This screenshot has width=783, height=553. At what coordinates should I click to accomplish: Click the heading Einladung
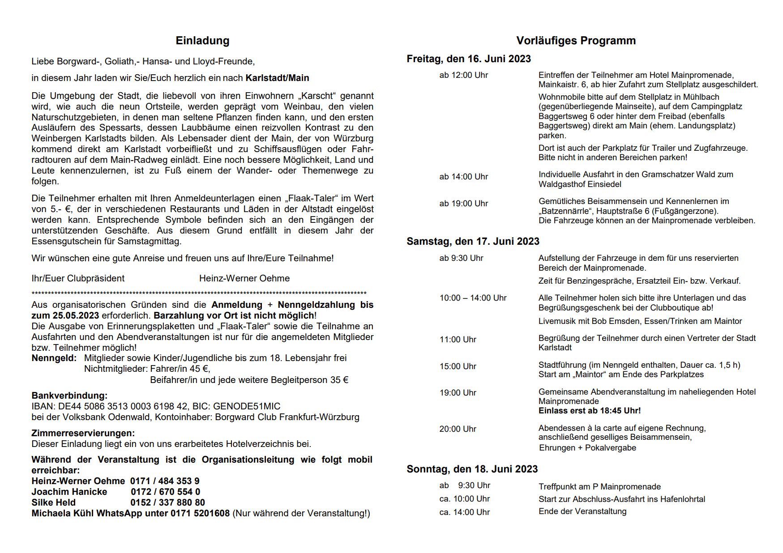click(202, 41)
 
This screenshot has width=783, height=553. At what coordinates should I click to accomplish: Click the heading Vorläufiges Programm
click(576, 41)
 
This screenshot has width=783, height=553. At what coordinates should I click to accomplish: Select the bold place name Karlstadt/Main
click(277, 78)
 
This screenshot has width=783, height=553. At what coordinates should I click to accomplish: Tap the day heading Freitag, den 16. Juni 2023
click(468, 59)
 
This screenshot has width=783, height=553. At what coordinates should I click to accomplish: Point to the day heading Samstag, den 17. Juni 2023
click(473, 242)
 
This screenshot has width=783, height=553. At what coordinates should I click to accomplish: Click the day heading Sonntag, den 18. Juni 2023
click(472, 469)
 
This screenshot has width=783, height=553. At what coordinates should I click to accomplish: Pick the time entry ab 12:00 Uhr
click(463, 75)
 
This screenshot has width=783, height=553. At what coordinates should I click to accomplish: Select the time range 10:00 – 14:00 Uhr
click(473, 298)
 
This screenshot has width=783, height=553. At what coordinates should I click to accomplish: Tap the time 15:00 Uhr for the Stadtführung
click(458, 366)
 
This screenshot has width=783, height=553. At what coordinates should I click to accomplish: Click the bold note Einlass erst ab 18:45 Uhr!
click(589, 411)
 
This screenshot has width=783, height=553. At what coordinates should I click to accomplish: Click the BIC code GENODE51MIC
click(247, 406)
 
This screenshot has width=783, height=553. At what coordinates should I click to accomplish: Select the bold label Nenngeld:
click(54, 358)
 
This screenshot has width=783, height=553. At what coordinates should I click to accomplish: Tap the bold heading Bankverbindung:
click(69, 396)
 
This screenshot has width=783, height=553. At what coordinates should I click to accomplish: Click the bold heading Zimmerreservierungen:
click(83, 433)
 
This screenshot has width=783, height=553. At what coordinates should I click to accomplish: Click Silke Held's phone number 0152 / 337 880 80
click(167, 502)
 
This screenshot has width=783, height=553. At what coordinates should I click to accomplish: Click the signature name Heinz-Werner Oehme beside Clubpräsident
click(244, 278)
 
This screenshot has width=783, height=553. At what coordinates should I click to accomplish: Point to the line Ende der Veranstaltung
click(582, 511)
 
